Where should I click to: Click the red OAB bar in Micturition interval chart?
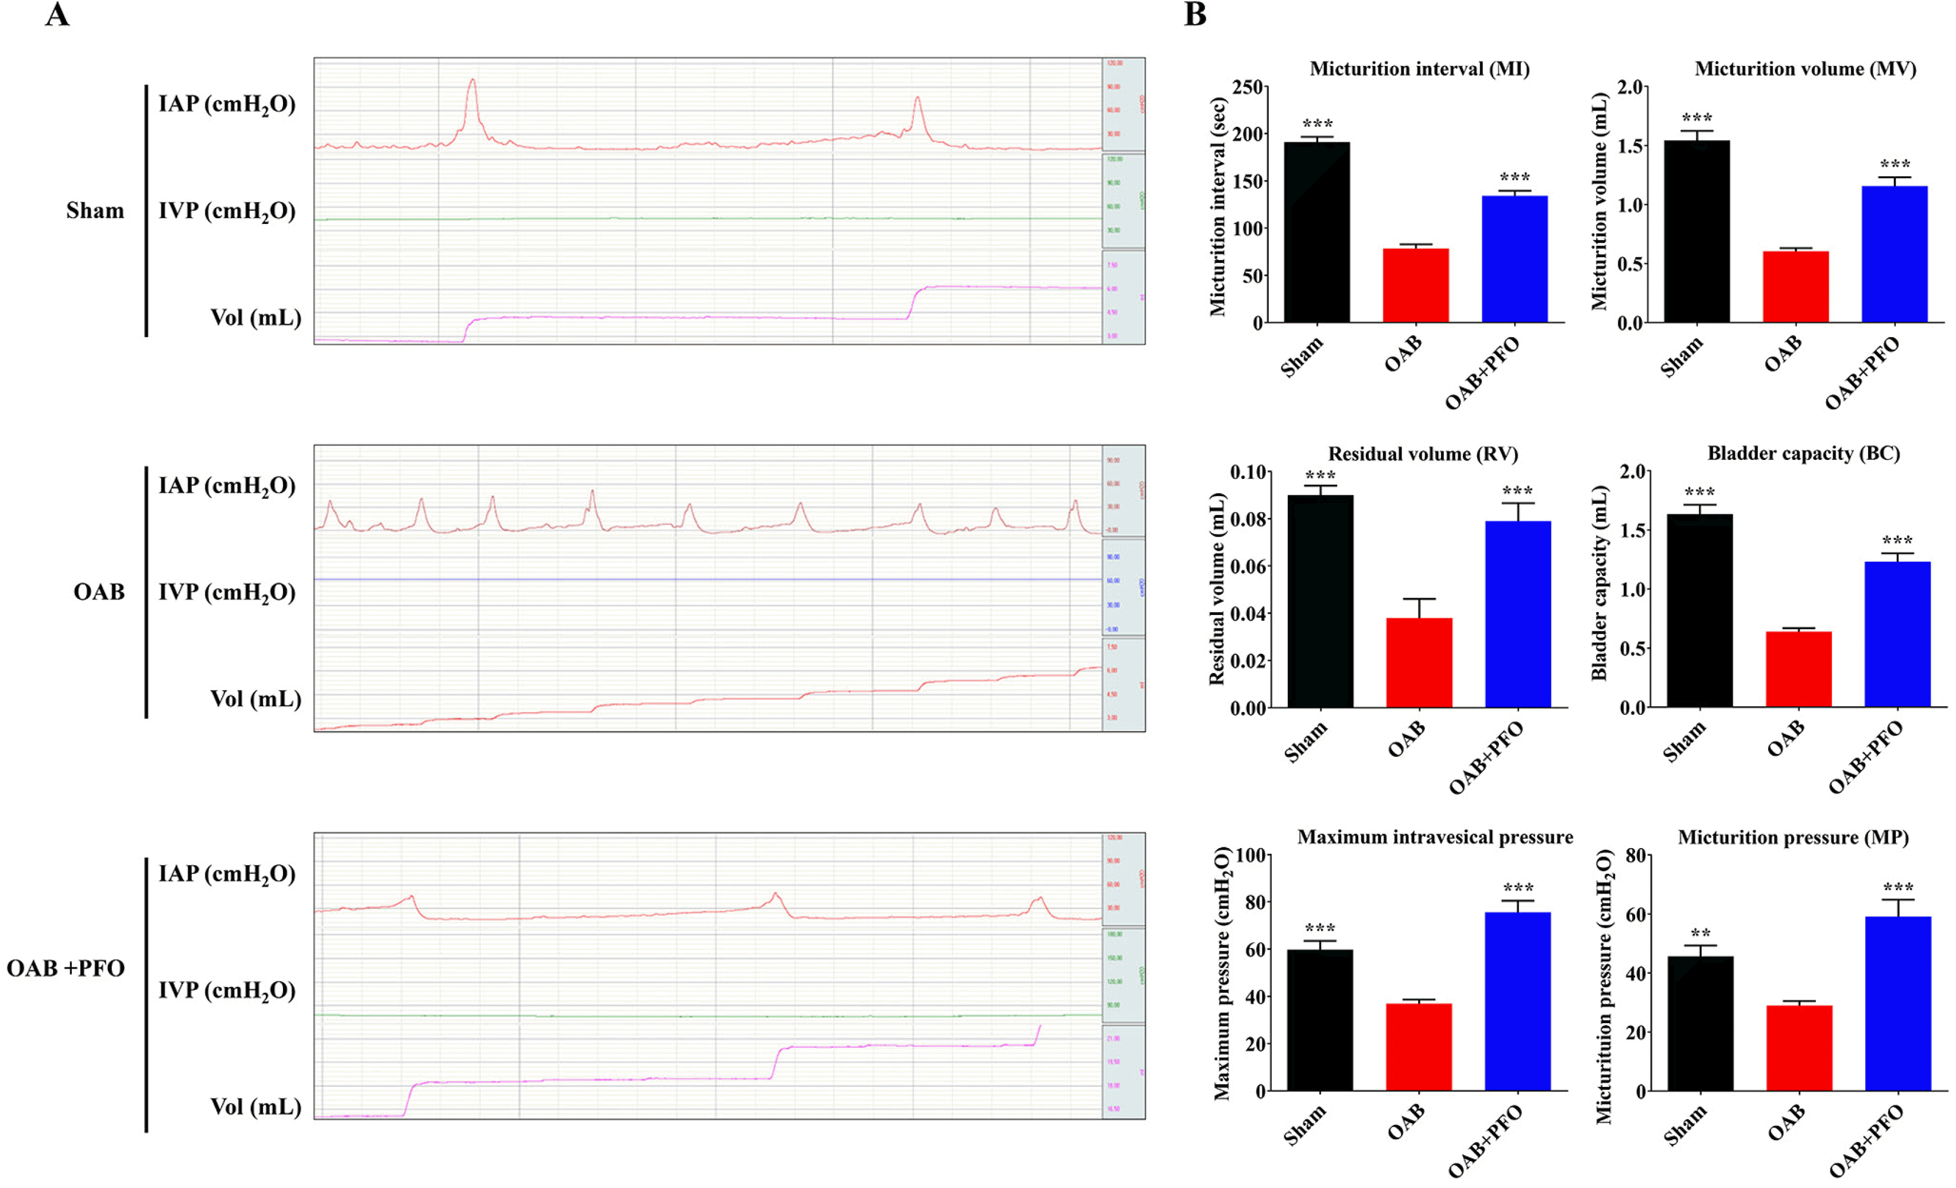click(x=1415, y=285)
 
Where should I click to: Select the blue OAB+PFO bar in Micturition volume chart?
click(x=1894, y=254)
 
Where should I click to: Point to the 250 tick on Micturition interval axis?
click(x=1248, y=87)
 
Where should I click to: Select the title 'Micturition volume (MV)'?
click(x=1805, y=69)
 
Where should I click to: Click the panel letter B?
click(x=1195, y=14)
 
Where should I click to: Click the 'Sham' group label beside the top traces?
click(x=95, y=211)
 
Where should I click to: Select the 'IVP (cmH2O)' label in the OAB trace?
click(x=226, y=593)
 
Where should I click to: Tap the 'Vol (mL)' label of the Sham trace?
click(x=255, y=318)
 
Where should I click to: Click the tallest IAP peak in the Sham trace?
click(x=472, y=80)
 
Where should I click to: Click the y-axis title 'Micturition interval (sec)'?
click(x=1218, y=207)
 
